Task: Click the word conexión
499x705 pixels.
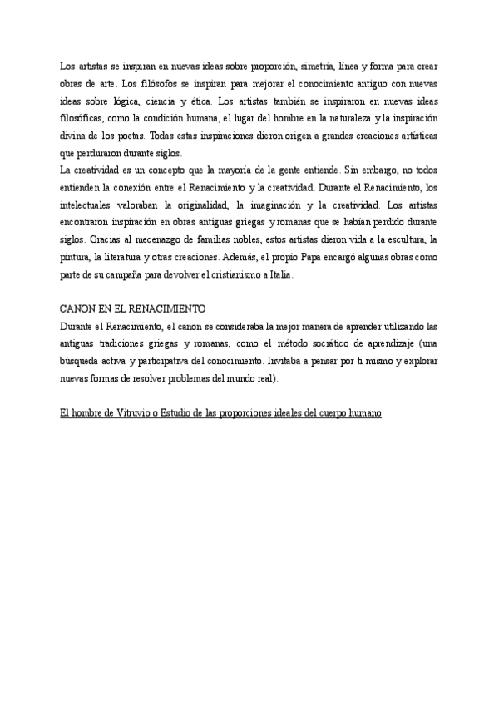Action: (145, 188)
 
